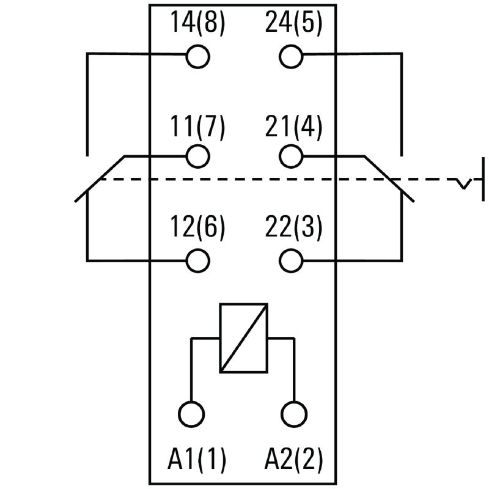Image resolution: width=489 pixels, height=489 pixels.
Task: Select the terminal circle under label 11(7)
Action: pos(197,156)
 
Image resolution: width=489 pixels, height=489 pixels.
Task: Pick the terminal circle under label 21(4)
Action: pos(292,156)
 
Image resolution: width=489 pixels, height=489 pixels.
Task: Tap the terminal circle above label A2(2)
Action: pos(294,413)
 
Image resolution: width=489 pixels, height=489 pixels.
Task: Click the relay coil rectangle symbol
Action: pos(243,338)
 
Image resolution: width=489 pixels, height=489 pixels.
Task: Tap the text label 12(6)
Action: pos(197,228)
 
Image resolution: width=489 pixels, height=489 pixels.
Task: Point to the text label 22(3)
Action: pos(293,228)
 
